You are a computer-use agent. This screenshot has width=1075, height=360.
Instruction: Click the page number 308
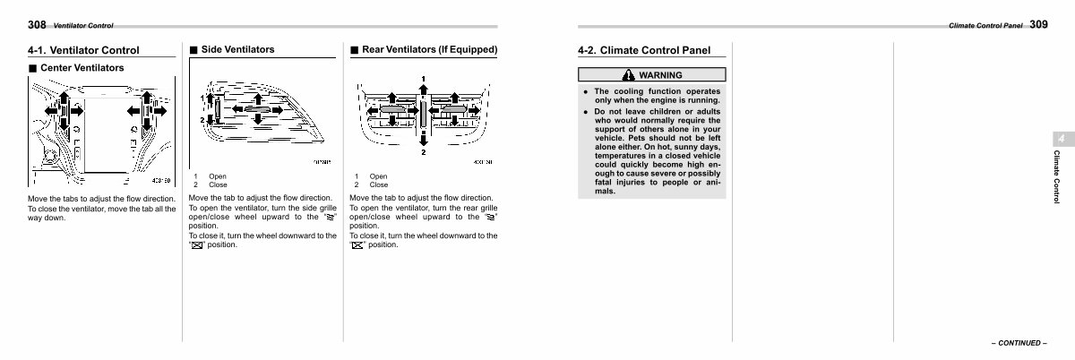(x=39, y=24)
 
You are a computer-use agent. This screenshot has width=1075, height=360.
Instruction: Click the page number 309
(x=1038, y=24)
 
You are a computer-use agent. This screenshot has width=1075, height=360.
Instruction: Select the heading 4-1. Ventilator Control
(x=83, y=50)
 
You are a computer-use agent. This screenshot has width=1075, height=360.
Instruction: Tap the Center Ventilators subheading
(x=82, y=67)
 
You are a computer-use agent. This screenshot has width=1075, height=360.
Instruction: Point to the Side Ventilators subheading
(x=237, y=49)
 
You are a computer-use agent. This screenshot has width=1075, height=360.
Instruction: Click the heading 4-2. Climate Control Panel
(x=644, y=50)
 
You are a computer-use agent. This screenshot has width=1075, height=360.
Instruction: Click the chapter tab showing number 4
(x=1060, y=139)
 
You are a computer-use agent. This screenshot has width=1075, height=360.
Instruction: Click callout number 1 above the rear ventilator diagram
(x=423, y=79)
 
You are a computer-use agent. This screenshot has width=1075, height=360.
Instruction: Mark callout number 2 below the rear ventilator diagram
(x=423, y=153)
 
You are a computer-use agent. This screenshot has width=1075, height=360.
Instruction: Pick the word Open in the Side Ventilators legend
(x=218, y=176)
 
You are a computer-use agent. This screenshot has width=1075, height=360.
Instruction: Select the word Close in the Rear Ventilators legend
(x=379, y=184)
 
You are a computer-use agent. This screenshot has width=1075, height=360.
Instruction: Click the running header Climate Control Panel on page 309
(x=985, y=26)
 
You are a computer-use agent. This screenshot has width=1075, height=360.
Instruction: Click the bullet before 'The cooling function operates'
(x=585, y=91)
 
